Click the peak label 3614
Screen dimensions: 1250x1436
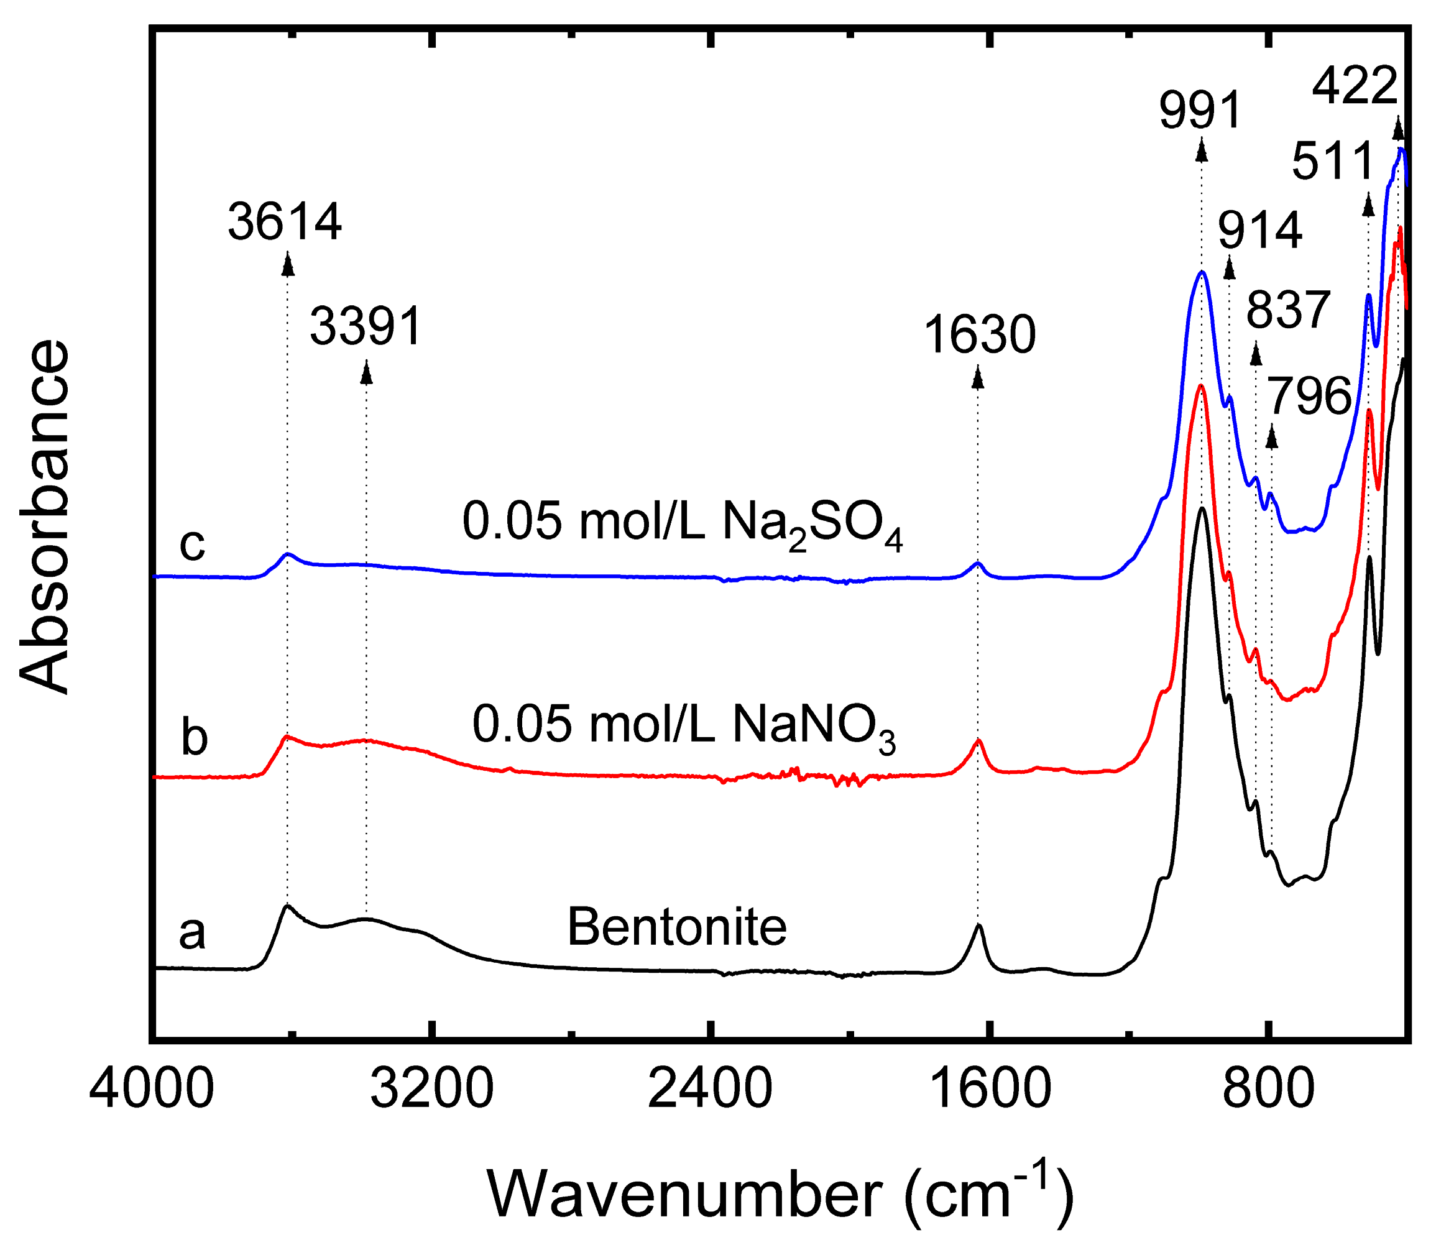[285, 223]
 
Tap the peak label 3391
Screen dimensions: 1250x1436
[366, 326]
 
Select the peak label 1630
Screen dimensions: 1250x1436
[979, 336]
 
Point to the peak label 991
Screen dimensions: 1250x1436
[1200, 111]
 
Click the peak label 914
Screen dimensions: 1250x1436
[1259, 231]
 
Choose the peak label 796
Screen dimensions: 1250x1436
[1309, 396]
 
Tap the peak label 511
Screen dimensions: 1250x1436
[1332, 162]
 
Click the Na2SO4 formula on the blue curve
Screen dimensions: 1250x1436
[812, 524]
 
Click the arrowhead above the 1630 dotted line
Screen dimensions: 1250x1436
[977, 378]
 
